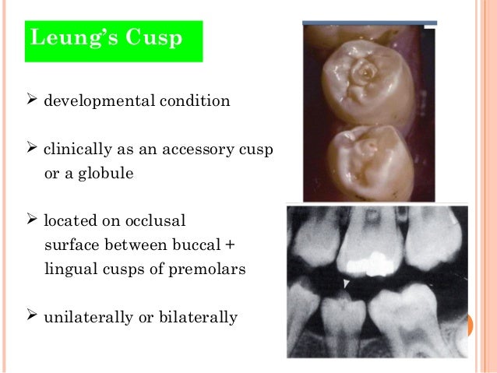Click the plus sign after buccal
(x=229, y=246)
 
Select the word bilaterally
(x=200, y=318)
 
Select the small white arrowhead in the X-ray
(x=347, y=287)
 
